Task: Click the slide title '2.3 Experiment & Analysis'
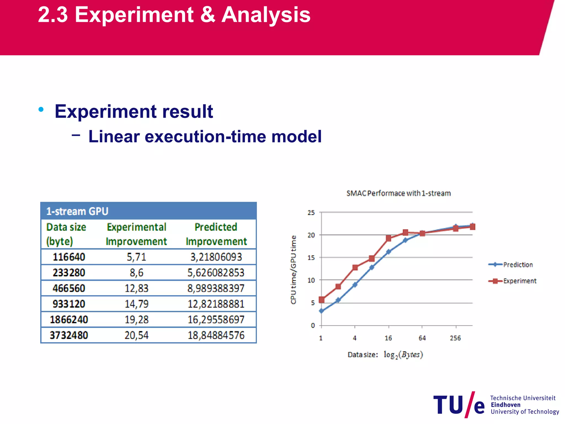(174, 15)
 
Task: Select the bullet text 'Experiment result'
(134, 112)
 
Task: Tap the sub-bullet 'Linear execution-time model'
(205, 137)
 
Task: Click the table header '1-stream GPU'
(77, 211)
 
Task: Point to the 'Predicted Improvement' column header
(216, 234)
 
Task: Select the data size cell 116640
(69, 257)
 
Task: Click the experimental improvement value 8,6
(137, 273)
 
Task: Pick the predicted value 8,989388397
(216, 288)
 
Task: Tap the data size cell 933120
(69, 304)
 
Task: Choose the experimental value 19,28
(137, 320)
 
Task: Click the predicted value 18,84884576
(216, 335)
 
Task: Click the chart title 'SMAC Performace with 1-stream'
(398, 193)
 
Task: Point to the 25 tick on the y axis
(311, 213)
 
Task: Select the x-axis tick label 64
(422, 338)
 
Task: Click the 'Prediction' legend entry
(518, 265)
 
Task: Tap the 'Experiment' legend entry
(519, 281)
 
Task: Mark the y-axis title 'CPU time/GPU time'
(294, 270)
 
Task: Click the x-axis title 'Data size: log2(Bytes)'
(385, 355)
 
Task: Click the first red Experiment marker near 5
(322, 300)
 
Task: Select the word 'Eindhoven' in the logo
(505, 405)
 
